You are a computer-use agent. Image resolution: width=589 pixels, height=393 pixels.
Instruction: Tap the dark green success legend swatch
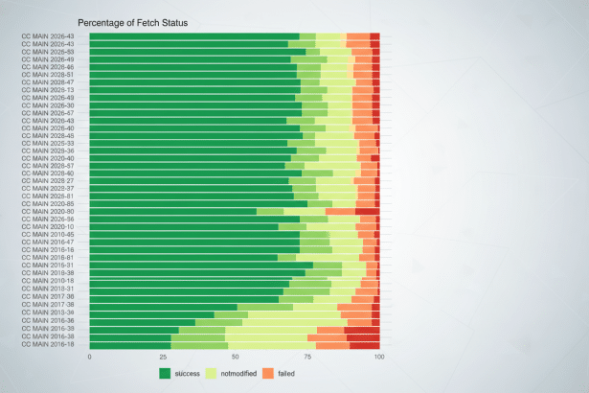[166, 372]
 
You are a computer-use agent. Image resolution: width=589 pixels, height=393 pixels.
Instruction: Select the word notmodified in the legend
[238, 372]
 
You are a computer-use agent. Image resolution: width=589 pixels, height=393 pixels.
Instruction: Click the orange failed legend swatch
[268, 372]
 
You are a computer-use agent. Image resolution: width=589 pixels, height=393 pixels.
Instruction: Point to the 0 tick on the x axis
[89, 357]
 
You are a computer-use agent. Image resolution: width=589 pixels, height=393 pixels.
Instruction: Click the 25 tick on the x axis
[162, 357]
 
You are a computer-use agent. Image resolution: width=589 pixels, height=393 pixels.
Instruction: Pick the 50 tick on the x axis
[235, 357]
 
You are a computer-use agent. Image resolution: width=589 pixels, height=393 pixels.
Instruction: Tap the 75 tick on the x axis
[306, 357]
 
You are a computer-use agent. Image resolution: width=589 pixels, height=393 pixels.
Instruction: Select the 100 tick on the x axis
[379, 357]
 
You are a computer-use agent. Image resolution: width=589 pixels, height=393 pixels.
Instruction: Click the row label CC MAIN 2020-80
[55, 212]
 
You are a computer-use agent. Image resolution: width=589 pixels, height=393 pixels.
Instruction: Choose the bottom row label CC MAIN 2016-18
[55, 345]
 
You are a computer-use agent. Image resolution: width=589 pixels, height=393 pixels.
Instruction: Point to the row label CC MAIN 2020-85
[55, 203]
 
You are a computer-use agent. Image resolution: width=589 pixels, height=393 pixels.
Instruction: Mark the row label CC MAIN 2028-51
[55, 74]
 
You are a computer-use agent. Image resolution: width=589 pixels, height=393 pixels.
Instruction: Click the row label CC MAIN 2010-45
[55, 235]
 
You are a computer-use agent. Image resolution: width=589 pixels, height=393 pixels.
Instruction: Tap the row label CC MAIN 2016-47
[55, 243]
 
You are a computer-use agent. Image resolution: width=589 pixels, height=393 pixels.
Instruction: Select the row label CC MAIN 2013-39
[55, 312]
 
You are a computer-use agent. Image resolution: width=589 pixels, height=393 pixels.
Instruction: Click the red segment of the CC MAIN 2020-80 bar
[368, 212]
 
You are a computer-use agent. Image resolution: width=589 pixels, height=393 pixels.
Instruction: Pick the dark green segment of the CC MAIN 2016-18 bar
[130, 345]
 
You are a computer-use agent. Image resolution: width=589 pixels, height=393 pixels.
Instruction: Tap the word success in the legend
[188, 372]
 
